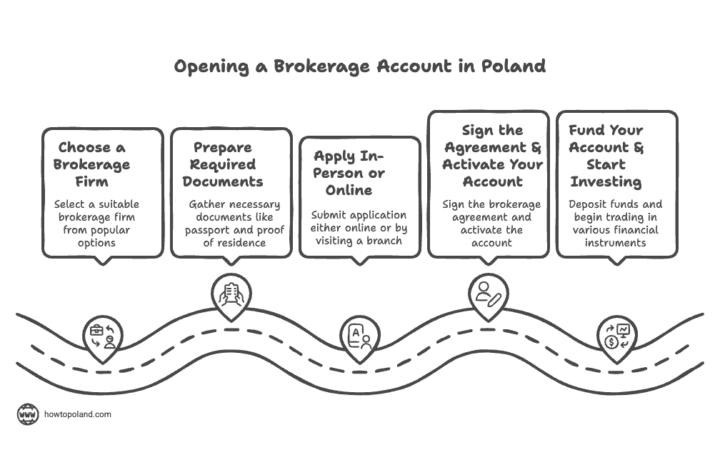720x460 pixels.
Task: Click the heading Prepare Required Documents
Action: tap(223, 164)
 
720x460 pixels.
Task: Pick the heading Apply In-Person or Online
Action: tap(349, 173)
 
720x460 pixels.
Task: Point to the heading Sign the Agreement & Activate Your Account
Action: tap(492, 155)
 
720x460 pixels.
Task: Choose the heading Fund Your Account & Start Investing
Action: tap(606, 155)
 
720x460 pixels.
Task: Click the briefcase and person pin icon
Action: tap(103, 335)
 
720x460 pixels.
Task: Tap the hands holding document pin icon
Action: tap(231, 294)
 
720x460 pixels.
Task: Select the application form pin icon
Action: tap(359, 335)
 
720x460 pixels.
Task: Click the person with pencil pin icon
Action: tap(489, 293)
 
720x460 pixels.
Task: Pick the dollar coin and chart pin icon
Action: tap(617, 335)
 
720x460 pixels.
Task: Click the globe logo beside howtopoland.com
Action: tap(28, 414)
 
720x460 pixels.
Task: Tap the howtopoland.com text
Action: tap(78, 414)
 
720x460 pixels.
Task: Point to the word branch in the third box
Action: tap(386, 240)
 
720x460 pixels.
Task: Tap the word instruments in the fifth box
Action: tap(615, 243)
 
